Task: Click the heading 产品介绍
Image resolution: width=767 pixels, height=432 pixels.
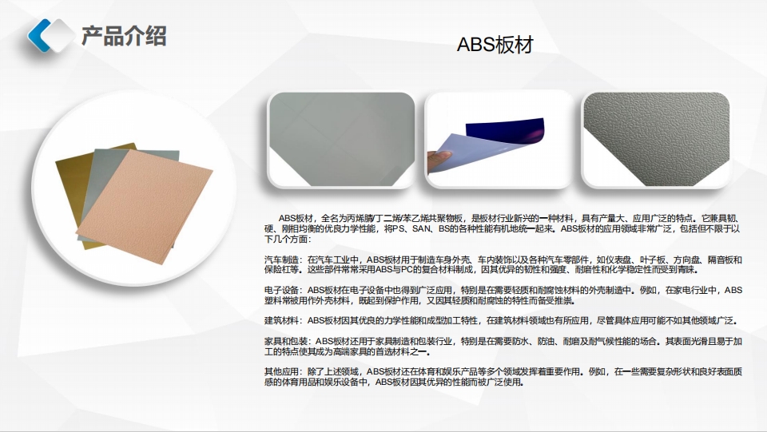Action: (124, 36)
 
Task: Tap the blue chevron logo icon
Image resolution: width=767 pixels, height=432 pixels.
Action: (50, 34)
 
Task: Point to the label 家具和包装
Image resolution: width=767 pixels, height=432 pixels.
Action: (284, 341)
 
